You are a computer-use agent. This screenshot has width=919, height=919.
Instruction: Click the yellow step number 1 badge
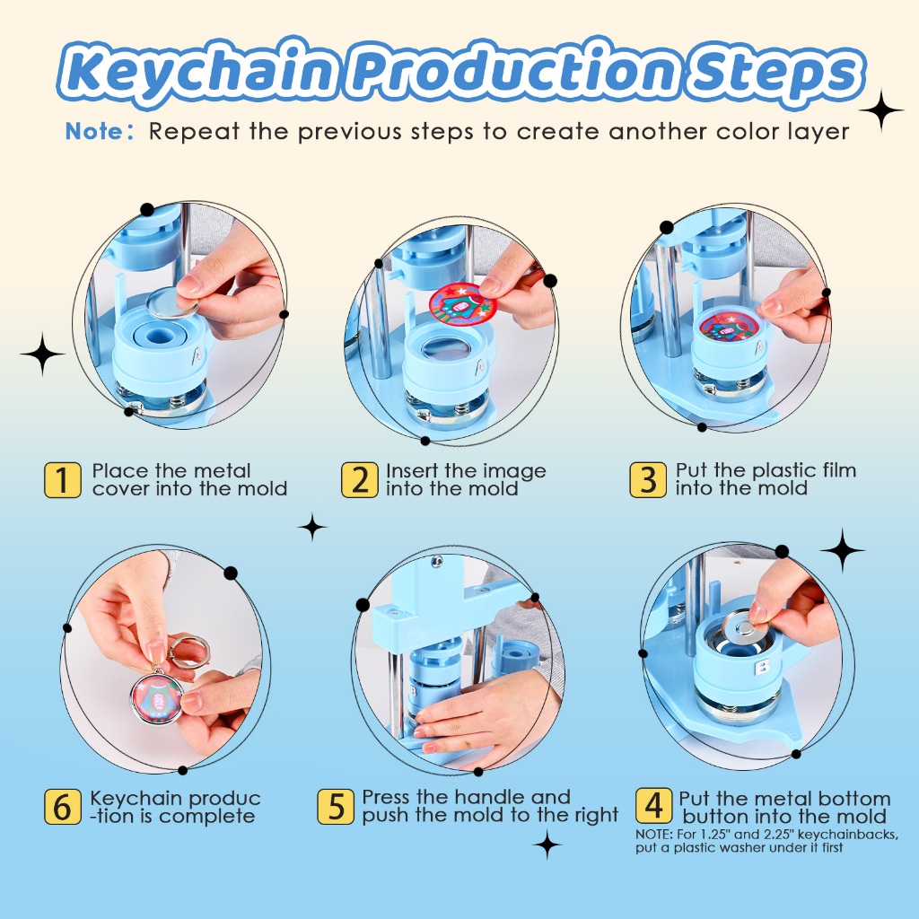(63, 480)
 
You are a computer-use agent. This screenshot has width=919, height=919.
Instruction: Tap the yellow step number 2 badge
(359, 480)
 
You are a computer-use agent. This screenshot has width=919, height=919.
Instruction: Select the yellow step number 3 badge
(648, 480)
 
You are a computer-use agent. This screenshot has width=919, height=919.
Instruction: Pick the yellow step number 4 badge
(653, 806)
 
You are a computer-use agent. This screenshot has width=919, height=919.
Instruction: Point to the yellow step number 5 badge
(336, 807)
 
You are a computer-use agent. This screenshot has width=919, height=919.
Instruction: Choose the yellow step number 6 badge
(63, 807)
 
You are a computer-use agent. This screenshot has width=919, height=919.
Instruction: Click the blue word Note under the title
(93, 131)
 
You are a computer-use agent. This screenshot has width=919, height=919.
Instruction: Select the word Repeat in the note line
(194, 132)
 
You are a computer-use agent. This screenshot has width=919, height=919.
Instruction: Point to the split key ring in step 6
(188, 652)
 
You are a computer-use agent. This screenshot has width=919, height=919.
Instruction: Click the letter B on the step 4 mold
(763, 668)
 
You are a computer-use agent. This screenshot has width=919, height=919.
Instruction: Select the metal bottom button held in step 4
(745, 629)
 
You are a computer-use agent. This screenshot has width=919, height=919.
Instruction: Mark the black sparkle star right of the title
(881, 110)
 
